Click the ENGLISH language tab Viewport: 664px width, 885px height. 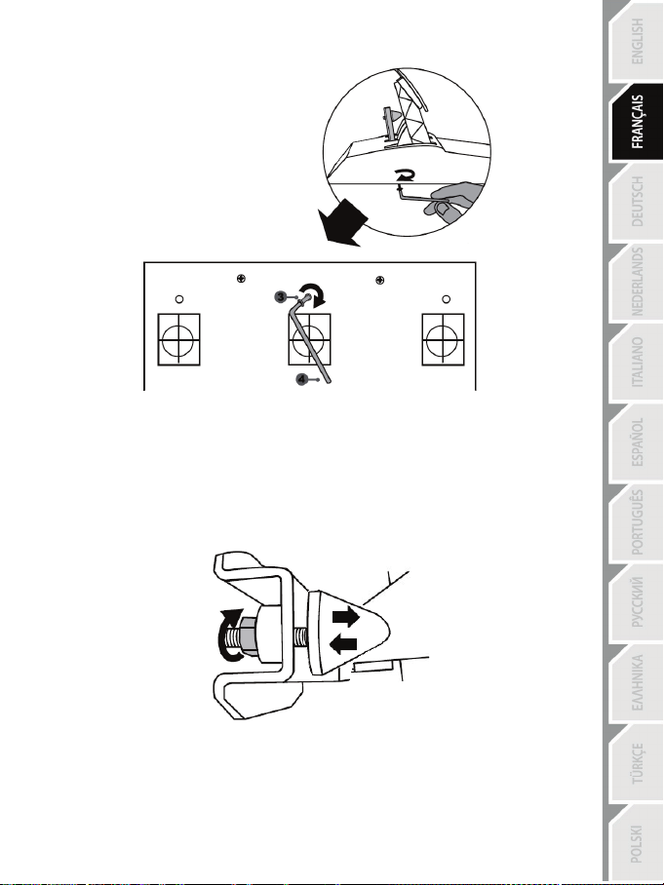coord(636,41)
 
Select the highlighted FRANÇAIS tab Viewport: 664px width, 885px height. coord(636,122)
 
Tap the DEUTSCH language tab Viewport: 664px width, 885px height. coord(636,202)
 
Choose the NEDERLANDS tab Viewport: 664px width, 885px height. coord(636,282)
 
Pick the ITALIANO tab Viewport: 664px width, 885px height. coord(636,362)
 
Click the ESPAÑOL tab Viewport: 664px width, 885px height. coord(636,442)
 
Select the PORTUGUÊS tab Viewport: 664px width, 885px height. coord(636,522)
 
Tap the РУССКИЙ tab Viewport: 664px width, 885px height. coord(636,602)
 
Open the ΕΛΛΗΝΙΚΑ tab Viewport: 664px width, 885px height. coord(636,682)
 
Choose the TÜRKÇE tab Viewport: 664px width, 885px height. coord(636,762)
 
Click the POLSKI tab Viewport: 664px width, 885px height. coord(636,843)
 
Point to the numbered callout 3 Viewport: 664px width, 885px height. coord(281,297)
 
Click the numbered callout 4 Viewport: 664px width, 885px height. coord(302,379)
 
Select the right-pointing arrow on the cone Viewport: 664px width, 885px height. coord(346,616)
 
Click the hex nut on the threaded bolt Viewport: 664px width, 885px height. coord(250,637)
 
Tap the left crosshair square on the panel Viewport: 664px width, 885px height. coord(178,340)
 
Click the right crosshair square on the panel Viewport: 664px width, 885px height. coord(444,340)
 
